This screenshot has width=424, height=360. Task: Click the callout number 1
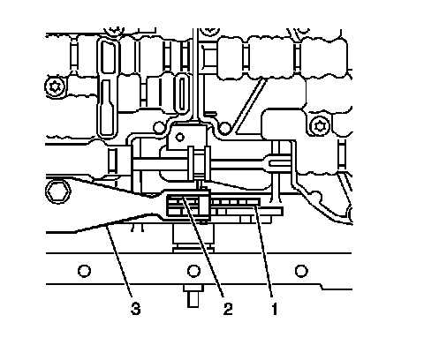[x=274, y=309]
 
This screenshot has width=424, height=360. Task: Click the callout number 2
[x=228, y=309]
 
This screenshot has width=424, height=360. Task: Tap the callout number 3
[x=135, y=309]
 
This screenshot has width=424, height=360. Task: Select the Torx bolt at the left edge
[x=55, y=86]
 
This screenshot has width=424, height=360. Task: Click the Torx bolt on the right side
[x=321, y=126]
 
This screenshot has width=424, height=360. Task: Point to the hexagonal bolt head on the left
[x=58, y=191]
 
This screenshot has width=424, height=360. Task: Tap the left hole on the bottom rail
[x=84, y=271]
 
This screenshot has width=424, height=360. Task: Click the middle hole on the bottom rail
[x=193, y=271]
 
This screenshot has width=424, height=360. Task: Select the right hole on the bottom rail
[x=301, y=271]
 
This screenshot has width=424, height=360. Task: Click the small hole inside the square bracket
[x=179, y=137]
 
